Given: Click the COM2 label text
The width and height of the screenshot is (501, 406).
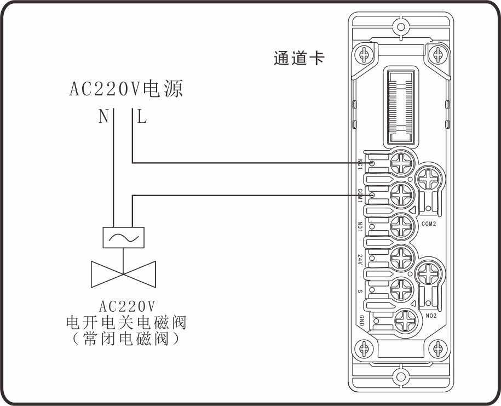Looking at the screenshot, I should [430, 224].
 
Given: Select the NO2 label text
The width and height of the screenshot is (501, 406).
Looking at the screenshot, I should [430, 316].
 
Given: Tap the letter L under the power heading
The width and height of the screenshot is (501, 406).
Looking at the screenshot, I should [142, 117].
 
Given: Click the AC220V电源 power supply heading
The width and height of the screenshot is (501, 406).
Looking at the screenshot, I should [126, 89].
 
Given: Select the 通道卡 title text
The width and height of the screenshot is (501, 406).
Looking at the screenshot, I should [299, 58].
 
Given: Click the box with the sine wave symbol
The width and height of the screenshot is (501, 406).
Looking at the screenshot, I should [123, 237].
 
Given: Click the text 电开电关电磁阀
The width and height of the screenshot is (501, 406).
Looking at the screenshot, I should [126, 323].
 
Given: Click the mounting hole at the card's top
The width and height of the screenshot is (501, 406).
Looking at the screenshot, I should [401, 27].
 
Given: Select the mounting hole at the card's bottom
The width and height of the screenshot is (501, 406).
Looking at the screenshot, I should [401, 378].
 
